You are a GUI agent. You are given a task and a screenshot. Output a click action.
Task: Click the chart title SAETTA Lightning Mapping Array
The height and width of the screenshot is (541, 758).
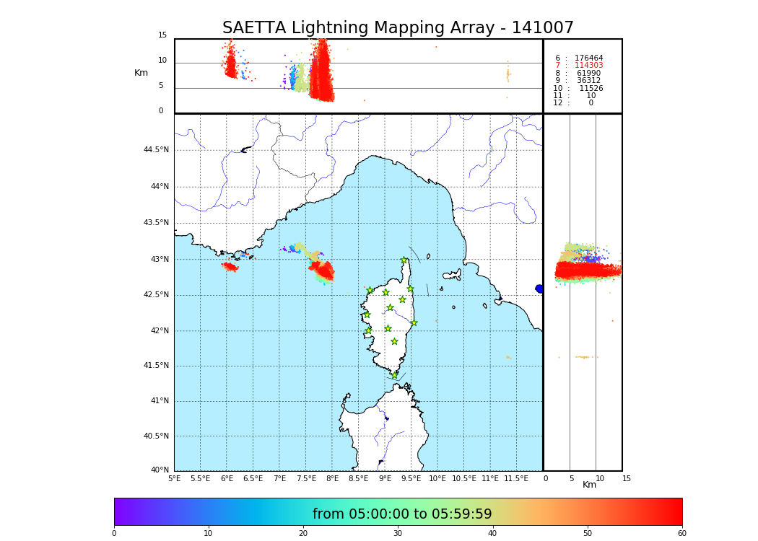click(398, 28)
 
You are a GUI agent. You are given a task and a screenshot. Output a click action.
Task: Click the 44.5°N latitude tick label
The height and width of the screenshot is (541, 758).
click(155, 150)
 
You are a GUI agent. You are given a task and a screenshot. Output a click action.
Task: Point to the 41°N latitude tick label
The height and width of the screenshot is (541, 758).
click(157, 401)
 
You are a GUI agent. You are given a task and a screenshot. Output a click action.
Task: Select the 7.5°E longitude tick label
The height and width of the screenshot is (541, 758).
click(306, 478)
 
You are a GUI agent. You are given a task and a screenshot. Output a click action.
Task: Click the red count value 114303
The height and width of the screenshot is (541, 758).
click(588, 66)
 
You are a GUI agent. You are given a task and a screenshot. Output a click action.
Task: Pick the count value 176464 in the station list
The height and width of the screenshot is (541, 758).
click(588, 58)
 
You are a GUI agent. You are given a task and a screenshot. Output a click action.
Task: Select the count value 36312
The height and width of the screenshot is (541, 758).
click(588, 81)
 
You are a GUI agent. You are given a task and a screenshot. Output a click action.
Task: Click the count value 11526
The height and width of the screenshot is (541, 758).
click(591, 89)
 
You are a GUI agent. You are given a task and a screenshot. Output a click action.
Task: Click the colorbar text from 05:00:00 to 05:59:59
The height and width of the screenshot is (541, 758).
click(402, 514)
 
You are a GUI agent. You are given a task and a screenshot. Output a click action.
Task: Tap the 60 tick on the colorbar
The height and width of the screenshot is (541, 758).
click(681, 534)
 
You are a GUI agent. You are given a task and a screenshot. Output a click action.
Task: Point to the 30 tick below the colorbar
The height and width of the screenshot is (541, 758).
click(398, 534)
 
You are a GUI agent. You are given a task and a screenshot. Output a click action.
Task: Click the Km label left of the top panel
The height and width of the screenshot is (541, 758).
click(141, 73)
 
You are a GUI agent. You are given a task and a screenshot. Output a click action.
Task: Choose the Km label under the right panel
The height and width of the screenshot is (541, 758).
click(589, 485)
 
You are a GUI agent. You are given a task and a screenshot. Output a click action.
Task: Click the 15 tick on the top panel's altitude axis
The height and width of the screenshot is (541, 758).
click(162, 35)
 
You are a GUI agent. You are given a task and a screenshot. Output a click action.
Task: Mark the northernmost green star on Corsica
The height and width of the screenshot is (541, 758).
click(404, 260)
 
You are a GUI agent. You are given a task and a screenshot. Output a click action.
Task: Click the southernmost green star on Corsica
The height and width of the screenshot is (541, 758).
click(394, 375)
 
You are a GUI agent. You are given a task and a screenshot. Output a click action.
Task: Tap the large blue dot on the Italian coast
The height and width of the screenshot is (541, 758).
click(539, 289)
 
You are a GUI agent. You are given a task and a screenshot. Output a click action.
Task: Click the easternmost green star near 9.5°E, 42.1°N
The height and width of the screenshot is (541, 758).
click(414, 322)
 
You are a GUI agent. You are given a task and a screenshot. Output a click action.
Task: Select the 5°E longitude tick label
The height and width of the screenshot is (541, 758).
click(174, 478)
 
